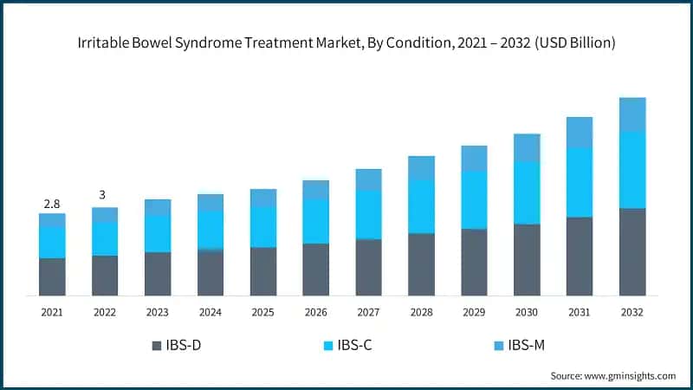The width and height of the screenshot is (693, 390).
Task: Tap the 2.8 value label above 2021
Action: [x=52, y=204]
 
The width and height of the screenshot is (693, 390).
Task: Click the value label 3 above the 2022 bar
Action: [x=105, y=195]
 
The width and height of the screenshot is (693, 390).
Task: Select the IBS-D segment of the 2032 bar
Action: [x=632, y=251]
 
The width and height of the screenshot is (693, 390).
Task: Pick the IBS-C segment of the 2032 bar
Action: [x=632, y=170]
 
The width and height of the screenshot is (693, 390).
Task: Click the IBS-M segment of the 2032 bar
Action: [x=632, y=114]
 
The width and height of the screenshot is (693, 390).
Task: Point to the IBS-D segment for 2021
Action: [x=52, y=276]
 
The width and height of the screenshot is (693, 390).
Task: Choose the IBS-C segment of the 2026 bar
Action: [x=316, y=221]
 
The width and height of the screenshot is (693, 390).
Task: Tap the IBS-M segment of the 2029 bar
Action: [x=474, y=158]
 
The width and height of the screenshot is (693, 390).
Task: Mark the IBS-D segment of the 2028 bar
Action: [x=421, y=264]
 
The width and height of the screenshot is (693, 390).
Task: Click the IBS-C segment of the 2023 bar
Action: [x=158, y=232]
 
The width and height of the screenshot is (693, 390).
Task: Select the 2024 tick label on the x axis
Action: [x=210, y=312]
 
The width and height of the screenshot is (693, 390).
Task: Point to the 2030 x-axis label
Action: [x=527, y=312]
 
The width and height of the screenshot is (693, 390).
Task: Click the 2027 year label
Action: [x=368, y=312]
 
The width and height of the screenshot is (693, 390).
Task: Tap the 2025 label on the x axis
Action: [x=263, y=312]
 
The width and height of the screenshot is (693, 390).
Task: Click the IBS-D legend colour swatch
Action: [x=156, y=345]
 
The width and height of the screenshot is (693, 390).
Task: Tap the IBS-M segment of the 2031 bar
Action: [x=580, y=132]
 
